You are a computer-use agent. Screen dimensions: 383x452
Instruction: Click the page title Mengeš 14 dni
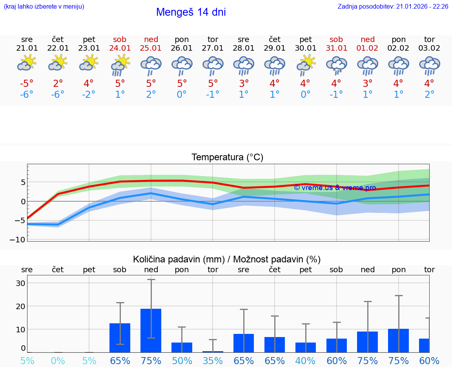pos(191,12)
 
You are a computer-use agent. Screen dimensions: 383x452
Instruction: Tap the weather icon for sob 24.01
pos(120,65)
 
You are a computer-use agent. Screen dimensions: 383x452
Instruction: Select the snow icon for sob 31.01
pos(336,65)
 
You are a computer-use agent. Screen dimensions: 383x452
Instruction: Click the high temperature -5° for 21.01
pos(27,84)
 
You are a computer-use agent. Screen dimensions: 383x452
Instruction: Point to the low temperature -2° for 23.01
pos(89,95)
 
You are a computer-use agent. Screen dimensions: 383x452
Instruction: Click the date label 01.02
pos(367,48)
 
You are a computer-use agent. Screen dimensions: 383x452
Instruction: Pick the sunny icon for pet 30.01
pos(305,65)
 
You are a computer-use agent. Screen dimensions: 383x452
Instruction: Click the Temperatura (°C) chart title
pos(227,158)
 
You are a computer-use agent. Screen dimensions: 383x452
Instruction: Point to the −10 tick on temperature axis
pos(20,240)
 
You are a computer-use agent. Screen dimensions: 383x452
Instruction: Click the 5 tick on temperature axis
pos(23,182)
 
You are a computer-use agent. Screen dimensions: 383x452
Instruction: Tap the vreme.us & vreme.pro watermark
pos(335,188)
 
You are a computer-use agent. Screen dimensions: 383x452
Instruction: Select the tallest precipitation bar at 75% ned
pos(151,330)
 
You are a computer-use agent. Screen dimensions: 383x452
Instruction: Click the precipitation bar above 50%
pos(182,347)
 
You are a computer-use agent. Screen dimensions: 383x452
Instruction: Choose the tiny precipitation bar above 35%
pos(213,352)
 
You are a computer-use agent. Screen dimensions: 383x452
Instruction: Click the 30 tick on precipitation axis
pos(20,283)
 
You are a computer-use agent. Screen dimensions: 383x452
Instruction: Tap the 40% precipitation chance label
pos(305,361)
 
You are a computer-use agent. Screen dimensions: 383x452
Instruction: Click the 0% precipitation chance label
pos(58,361)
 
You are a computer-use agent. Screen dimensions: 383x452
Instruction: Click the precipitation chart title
pos(227,259)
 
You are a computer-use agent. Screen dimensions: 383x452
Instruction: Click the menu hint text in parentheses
pos(44,6)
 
